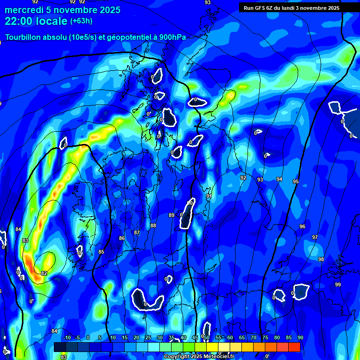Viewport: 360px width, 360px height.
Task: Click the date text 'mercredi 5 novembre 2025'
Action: pos(62,10)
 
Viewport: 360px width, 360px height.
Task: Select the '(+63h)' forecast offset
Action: pos(81,21)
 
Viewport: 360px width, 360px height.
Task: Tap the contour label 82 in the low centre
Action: pos(44,273)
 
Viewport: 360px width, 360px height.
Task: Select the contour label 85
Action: pos(101,252)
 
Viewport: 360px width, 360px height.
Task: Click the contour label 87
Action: pos(137,232)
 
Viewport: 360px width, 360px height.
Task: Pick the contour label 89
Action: pos(172,215)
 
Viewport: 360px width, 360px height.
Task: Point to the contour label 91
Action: pos(209,196)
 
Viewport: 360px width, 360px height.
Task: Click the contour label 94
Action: pos(279,179)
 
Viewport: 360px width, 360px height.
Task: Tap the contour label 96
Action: pos(302,226)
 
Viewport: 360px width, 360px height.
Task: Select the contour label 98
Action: pos(321,259)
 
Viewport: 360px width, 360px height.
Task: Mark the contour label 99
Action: pos(338,285)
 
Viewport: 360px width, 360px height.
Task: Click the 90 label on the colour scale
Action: pos(300,338)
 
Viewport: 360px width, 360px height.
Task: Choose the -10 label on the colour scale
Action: pos(66,338)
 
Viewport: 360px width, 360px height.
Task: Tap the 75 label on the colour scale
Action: pos(265,338)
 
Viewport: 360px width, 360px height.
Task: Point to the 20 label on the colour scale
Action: pos(136,338)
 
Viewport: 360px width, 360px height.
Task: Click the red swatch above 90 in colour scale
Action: pos(294,347)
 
